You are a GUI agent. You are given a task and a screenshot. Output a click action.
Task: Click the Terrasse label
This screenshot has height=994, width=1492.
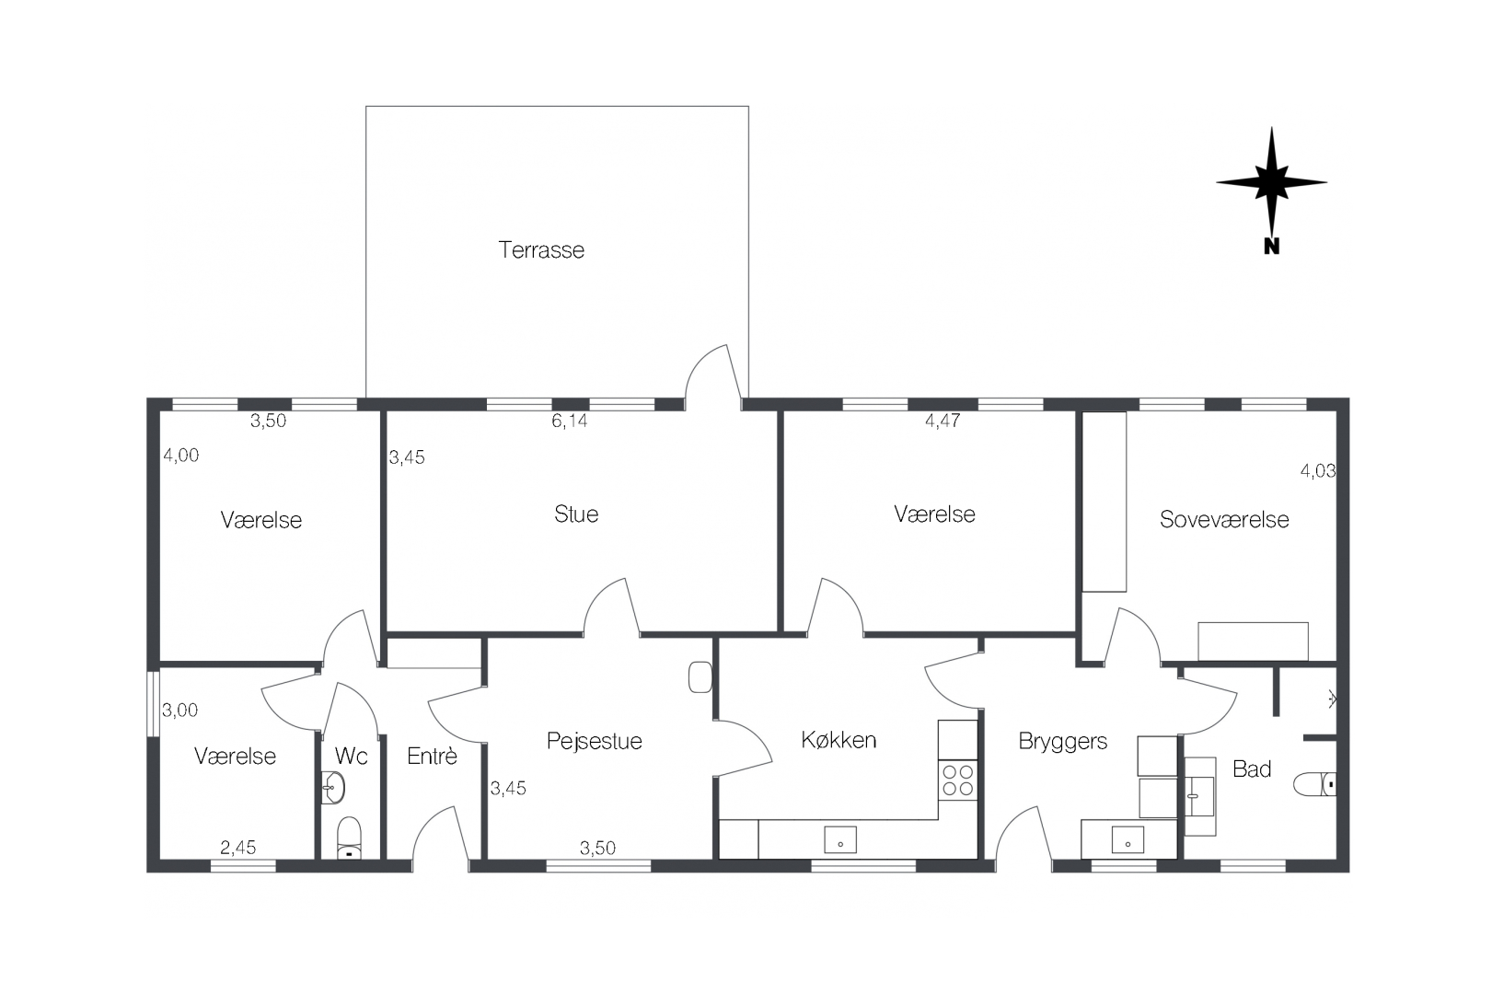point(541,250)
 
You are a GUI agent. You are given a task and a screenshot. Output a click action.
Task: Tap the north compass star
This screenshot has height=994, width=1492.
point(1271,182)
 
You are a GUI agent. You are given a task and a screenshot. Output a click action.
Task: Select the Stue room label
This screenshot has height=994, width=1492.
point(576,514)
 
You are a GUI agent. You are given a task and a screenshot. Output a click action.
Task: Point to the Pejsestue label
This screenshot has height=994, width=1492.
point(594,741)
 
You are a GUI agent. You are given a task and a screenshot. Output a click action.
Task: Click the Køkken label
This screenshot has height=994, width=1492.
point(839,740)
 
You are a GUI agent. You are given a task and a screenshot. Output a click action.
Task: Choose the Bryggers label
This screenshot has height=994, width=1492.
point(1062,742)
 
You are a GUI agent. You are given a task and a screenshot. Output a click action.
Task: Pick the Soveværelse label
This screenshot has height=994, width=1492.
point(1223,520)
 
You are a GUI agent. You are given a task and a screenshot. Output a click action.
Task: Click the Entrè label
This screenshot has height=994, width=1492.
point(432,757)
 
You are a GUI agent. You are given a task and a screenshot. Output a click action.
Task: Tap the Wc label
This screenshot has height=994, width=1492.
point(351,757)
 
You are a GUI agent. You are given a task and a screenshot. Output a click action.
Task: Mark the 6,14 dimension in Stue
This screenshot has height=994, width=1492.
point(569,422)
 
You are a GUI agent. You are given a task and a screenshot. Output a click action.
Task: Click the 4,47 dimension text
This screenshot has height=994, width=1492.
point(943,422)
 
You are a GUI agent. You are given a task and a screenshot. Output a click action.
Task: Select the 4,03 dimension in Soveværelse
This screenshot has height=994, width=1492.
point(1317,471)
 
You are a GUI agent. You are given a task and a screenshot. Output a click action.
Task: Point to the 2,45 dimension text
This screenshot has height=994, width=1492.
point(237,848)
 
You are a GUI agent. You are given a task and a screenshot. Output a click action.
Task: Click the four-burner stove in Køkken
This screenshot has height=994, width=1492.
point(957,780)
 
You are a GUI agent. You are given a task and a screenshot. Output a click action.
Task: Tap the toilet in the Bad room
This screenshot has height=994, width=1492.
point(1314,785)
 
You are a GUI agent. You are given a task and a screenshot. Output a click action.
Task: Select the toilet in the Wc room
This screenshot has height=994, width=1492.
point(350,837)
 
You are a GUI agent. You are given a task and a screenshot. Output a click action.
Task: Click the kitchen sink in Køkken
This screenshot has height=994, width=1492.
point(839,839)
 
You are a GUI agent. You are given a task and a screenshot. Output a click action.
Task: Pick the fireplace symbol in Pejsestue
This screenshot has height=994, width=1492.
point(700,677)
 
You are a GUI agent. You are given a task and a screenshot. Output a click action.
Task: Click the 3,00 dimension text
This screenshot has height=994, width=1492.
point(180,711)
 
